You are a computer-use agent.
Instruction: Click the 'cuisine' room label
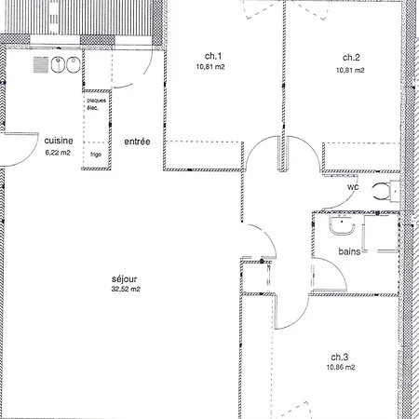(x=59, y=141)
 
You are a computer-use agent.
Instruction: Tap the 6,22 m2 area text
(x=58, y=153)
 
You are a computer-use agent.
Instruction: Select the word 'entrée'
(x=137, y=142)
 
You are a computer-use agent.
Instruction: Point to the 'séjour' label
(x=124, y=279)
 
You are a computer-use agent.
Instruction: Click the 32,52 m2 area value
(x=126, y=289)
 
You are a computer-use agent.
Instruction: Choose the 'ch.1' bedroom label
(x=213, y=56)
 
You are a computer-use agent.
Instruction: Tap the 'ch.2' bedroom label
(x=351, y=58)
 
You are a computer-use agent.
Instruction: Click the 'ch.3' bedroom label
(x=340, y=357)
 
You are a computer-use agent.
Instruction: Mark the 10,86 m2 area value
(x=341, y=367)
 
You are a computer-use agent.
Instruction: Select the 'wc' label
(x=353, y=187)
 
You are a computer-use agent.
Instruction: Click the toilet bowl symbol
(x=381, y=192)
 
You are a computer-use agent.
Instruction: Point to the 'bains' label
(x=349, y=251)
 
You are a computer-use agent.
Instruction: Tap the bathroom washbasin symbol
(x=342, y=225)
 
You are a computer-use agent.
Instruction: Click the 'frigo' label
(x=96, y=155)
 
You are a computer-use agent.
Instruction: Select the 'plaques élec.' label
(x=96, y=104)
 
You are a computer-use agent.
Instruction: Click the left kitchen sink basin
(x=58, y=65)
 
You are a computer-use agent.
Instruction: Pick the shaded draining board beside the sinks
(x=41, y=65)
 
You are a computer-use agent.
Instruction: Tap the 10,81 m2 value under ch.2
(x=350, y=71)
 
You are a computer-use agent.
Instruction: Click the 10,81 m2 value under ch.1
(x=210, y=67)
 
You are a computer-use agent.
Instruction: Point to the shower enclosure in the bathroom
(x=381, y=233)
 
